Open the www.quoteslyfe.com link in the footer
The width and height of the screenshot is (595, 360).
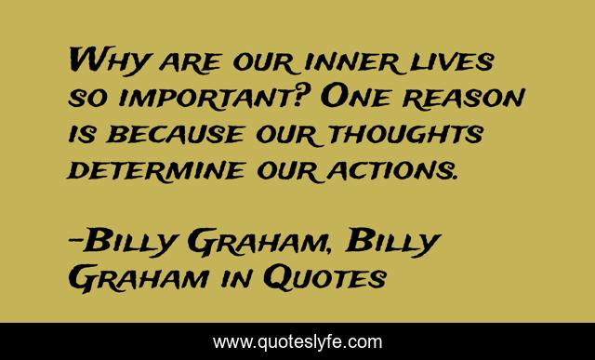[297, 340]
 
